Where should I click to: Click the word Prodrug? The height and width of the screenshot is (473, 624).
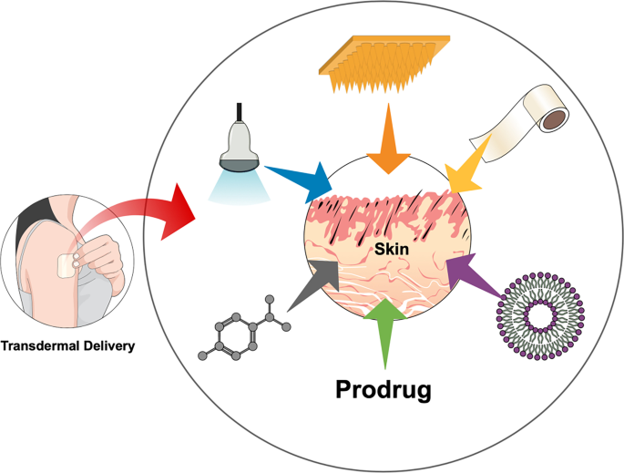click(384, 389)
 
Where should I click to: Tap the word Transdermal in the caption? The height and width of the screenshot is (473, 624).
click(40, 345)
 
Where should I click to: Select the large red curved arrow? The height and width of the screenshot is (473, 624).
click(155, 212)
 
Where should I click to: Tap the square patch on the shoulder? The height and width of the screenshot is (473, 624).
click(66, 266)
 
